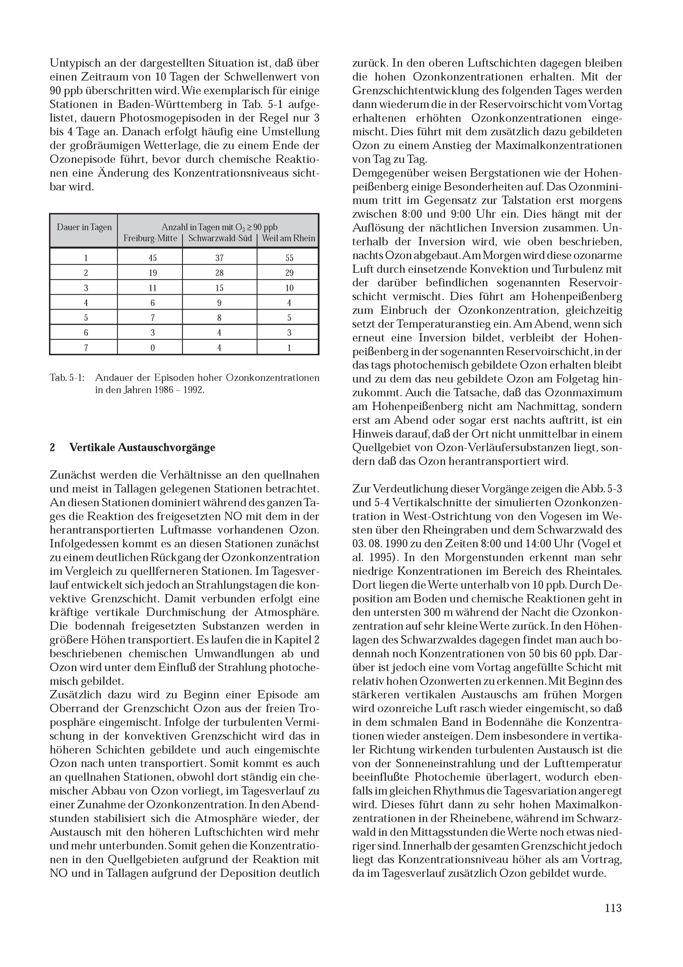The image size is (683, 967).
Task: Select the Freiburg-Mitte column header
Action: [150, 238]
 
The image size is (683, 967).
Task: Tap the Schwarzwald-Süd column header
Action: [220, 238]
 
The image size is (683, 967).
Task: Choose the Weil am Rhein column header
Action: [288, 238]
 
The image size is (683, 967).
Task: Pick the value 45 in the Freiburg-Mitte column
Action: [152, 258]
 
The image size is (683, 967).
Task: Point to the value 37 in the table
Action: [219, 258]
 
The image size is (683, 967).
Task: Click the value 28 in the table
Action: [219, 273]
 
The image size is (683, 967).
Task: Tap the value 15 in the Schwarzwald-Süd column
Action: [219, 288]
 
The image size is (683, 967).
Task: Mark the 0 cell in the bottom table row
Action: [152, 348]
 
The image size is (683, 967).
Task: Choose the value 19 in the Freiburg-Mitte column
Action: [152, 273]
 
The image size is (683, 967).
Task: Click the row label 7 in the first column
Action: [86, 348]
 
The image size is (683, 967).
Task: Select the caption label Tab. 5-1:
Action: [67, 378]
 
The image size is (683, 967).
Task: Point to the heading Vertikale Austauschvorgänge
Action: [142, 447]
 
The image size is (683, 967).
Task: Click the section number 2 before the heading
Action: [53, 447]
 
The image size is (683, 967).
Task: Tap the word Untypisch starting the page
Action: [74, 64]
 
